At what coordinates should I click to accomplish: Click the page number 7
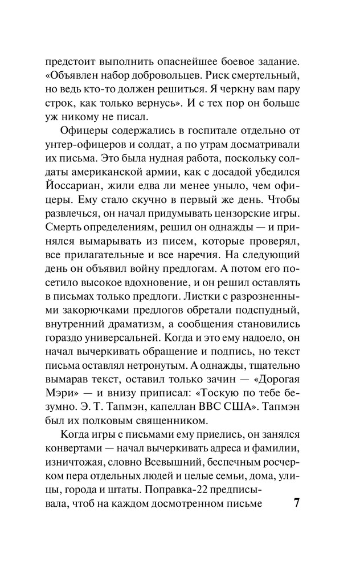coord(296,504)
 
